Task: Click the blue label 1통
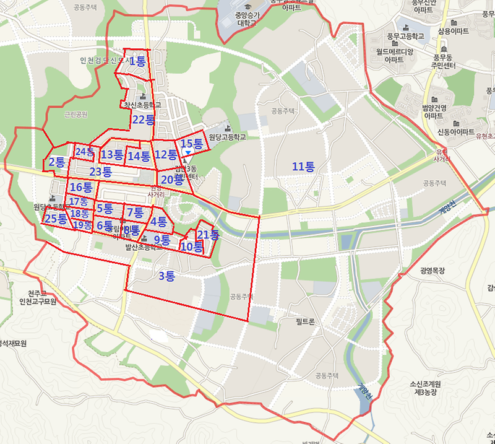[137, 61]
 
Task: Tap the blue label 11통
[303, 166]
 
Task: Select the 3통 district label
[166, 276]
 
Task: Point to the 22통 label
[143, 120]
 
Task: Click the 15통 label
[192, 144]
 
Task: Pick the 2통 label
[57, 162]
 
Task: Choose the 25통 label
[56, 218]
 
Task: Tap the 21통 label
[208, 235]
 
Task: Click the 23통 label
[100, 172]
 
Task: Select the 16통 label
[81, 187]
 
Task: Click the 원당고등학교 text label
[227, 137]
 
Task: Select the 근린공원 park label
[76, 115]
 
